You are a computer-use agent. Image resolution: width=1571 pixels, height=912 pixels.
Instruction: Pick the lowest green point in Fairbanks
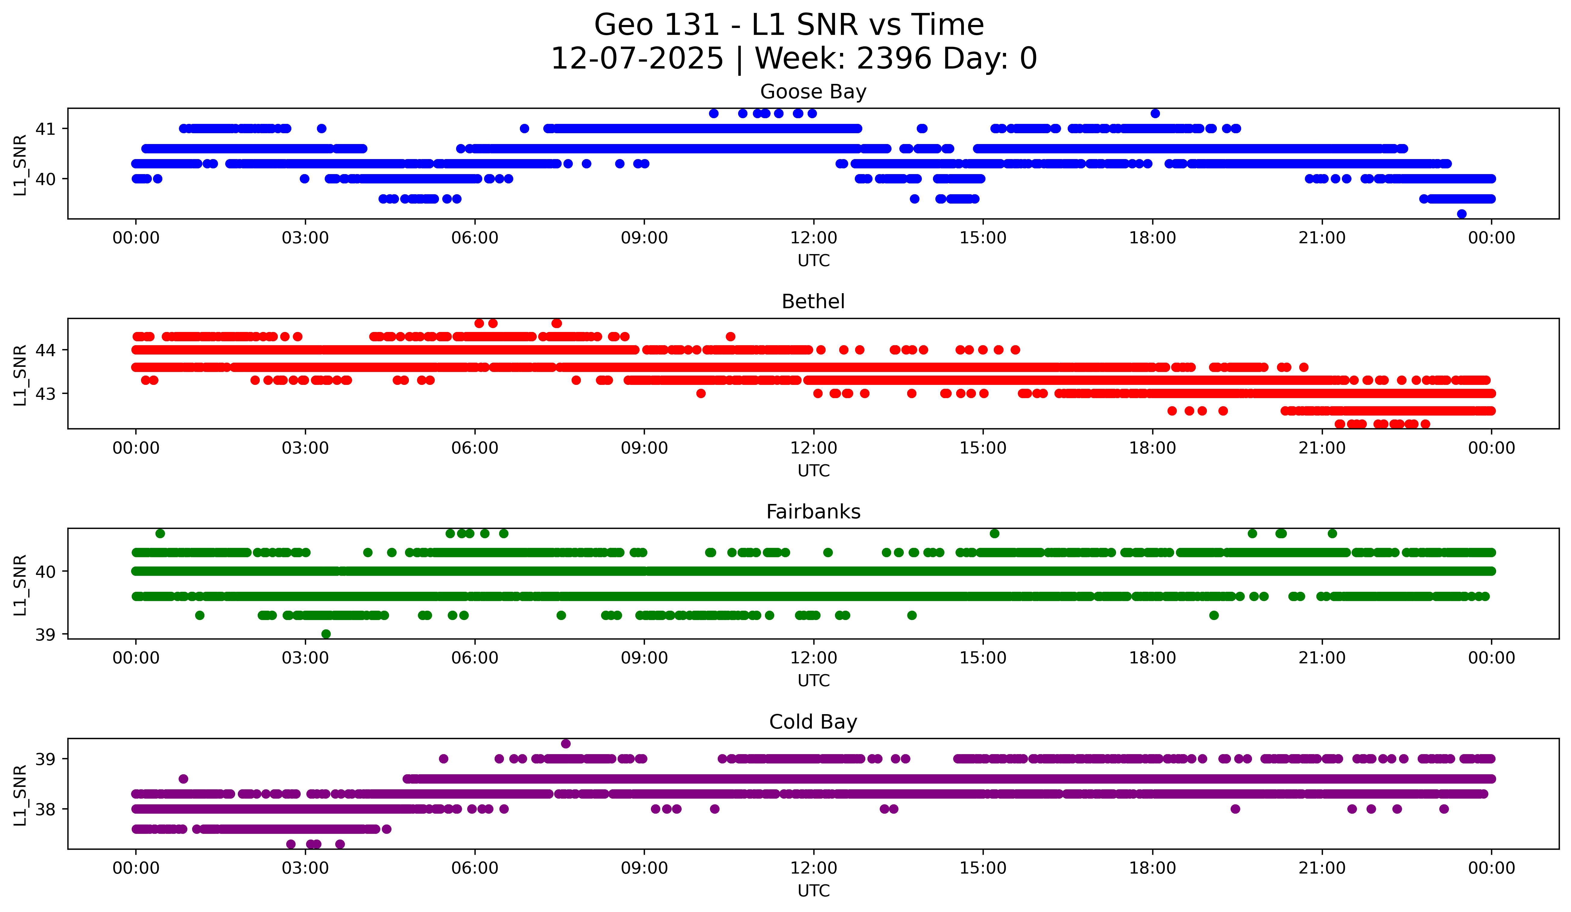pos(325,634)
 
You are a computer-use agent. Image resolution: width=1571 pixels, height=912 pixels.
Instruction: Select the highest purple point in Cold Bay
pos(566,744)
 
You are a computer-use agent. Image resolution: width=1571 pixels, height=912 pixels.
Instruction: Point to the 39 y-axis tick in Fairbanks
pos(45,634)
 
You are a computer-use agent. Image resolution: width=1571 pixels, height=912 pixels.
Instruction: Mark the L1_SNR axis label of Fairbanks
pos(20,585)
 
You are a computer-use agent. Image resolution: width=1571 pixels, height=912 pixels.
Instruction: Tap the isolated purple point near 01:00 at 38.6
pos(183,778)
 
